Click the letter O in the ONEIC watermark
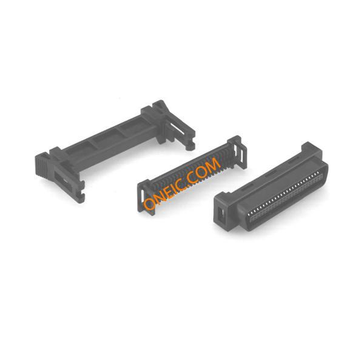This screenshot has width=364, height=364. (150, 204)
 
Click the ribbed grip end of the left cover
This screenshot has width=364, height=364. (41, 165)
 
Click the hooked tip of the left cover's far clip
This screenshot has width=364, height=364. (190, 146)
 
